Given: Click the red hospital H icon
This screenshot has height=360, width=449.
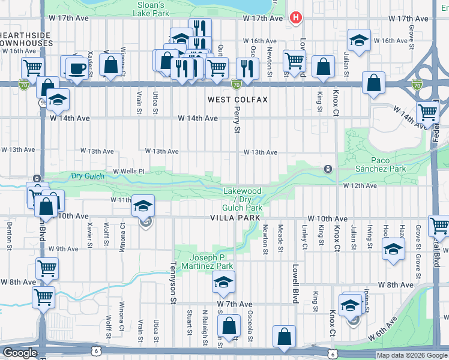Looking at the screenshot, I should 295,18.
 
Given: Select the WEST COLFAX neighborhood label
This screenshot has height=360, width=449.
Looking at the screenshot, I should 237,99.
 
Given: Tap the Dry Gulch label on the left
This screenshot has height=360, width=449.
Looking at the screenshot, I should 88,176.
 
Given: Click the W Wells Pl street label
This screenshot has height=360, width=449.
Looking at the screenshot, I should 129,171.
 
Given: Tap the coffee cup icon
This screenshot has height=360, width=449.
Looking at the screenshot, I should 76,67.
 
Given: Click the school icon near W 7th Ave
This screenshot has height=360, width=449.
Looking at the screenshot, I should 223,281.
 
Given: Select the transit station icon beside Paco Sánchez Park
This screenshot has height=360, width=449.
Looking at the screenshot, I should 328,169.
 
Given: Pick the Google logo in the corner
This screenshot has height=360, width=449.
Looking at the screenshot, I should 20,353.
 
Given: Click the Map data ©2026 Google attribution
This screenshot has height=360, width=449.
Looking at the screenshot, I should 412,355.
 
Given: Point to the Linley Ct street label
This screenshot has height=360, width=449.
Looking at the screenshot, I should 305,238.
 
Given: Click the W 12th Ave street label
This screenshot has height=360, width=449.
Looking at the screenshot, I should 360,186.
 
